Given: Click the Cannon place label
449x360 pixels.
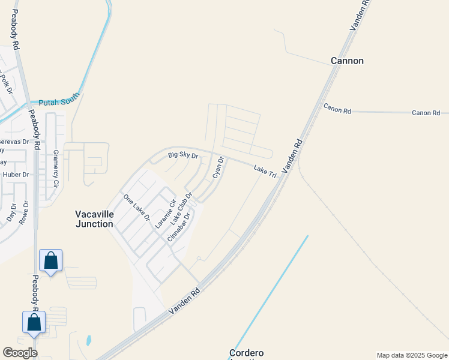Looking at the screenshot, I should (x=347, y=61).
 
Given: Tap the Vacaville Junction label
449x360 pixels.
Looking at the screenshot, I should (x=94, y=219).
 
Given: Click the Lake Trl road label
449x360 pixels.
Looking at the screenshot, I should (x=264, y=172).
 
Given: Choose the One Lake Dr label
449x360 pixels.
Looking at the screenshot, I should (x=136, y=207).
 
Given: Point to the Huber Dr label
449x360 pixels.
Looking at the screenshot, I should (x=16, y=175).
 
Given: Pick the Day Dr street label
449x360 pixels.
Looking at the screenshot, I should (x=11, y=212).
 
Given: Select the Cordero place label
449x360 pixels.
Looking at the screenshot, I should (x=246, y=353).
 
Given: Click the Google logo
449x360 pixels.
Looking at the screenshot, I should (x=20, y=353).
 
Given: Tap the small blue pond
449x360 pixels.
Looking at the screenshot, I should (x=89, y=341).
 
